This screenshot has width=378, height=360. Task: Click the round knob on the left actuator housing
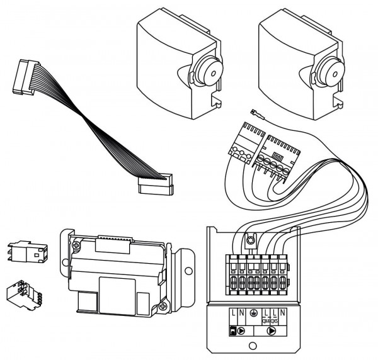(208, 71)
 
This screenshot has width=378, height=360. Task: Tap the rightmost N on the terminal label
(283, 312)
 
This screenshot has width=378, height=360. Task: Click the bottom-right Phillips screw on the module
(165, 306)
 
